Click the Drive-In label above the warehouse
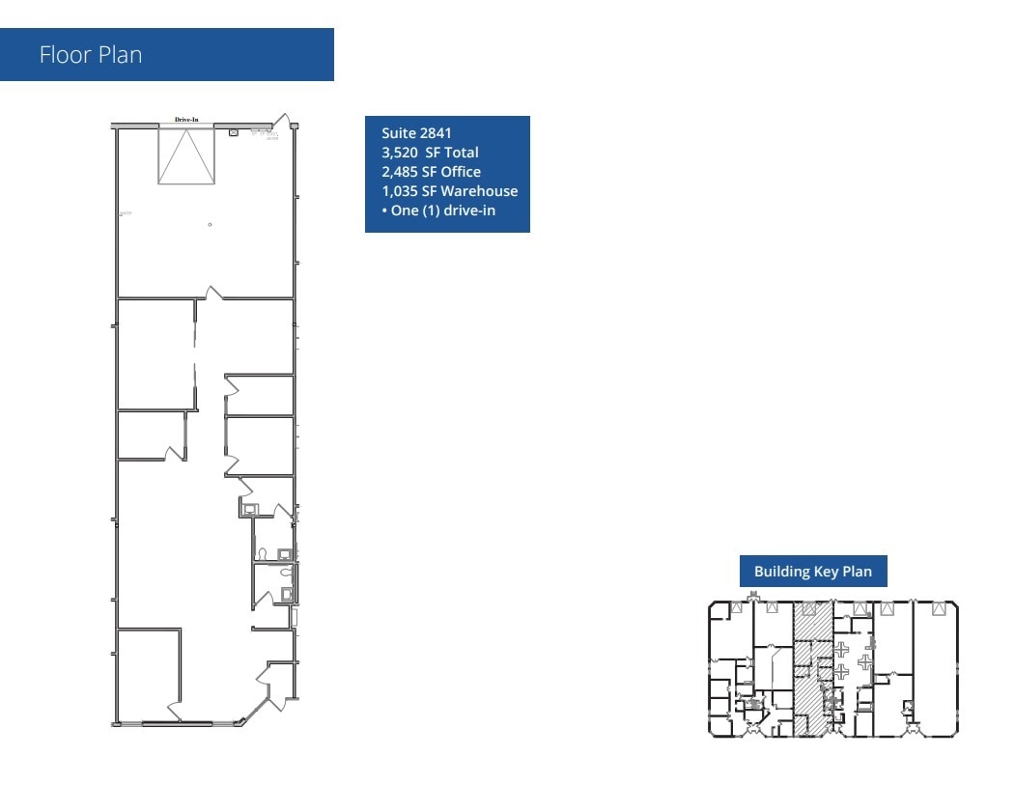(x=186, y=120)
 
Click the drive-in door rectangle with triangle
(x=186, y=155)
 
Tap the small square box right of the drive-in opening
(x=233, y=132)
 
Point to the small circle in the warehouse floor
(x=210, y=225)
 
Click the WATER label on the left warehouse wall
(x=125, y=212)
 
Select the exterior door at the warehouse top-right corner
(x=282, y=122)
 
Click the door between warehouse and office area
(x=213, y=292)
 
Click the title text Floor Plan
(x=91, y=55)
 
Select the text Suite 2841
(x=416, y=133)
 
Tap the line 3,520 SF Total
(x=430, y=153)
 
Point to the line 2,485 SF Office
(x=431, y=172)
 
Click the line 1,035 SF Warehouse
(x=449, y=191)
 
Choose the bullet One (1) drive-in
(x=438, y=210)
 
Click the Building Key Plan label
(x=812, y=572)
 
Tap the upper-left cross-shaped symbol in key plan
(x=840, y=649)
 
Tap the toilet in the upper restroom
(x=262, y=554)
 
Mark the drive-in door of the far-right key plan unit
(x=938, y=608)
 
